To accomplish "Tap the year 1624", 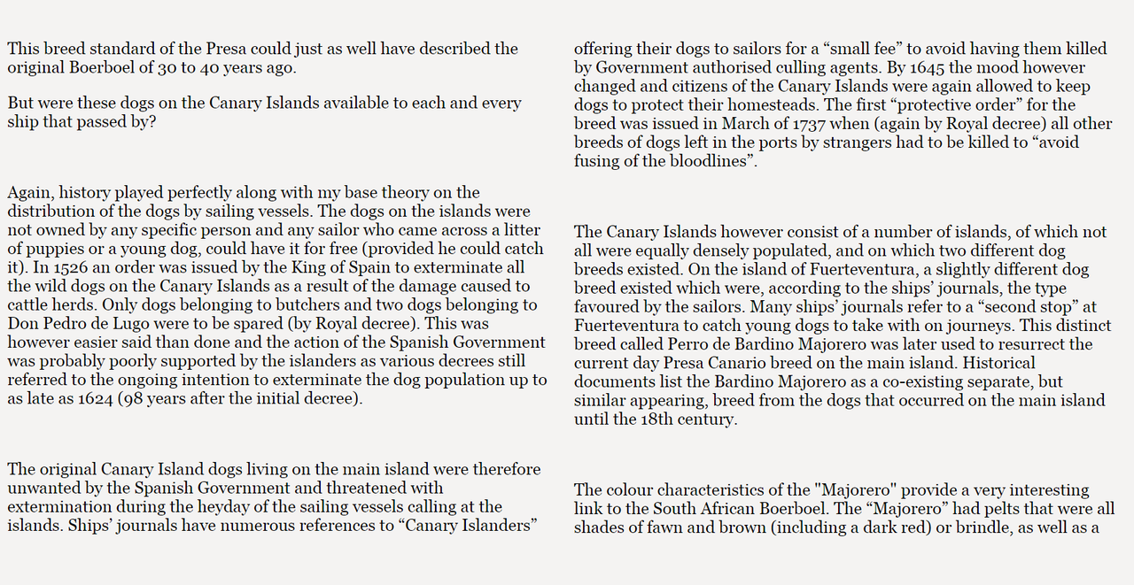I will (x=89, y=398).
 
